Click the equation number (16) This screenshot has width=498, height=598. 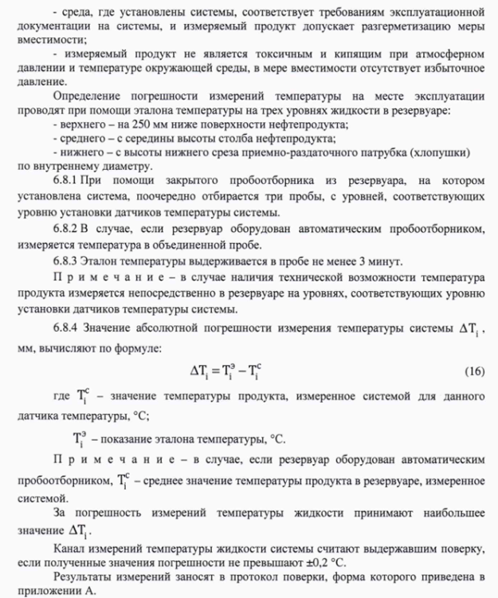[x=473, y=372]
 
